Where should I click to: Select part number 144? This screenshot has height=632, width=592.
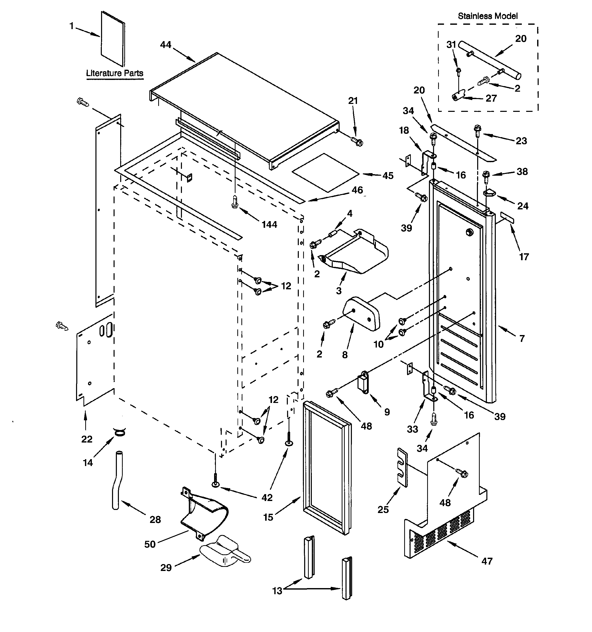269,225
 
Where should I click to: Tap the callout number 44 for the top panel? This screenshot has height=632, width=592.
166,45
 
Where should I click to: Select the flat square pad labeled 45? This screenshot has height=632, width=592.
325,173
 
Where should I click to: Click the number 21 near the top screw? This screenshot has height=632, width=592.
353,101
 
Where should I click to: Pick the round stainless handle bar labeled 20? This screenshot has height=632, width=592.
489,61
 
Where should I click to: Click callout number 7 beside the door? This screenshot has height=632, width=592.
522,339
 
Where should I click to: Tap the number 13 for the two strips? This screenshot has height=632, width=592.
277,591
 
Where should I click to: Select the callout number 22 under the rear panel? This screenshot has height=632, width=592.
87,439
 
